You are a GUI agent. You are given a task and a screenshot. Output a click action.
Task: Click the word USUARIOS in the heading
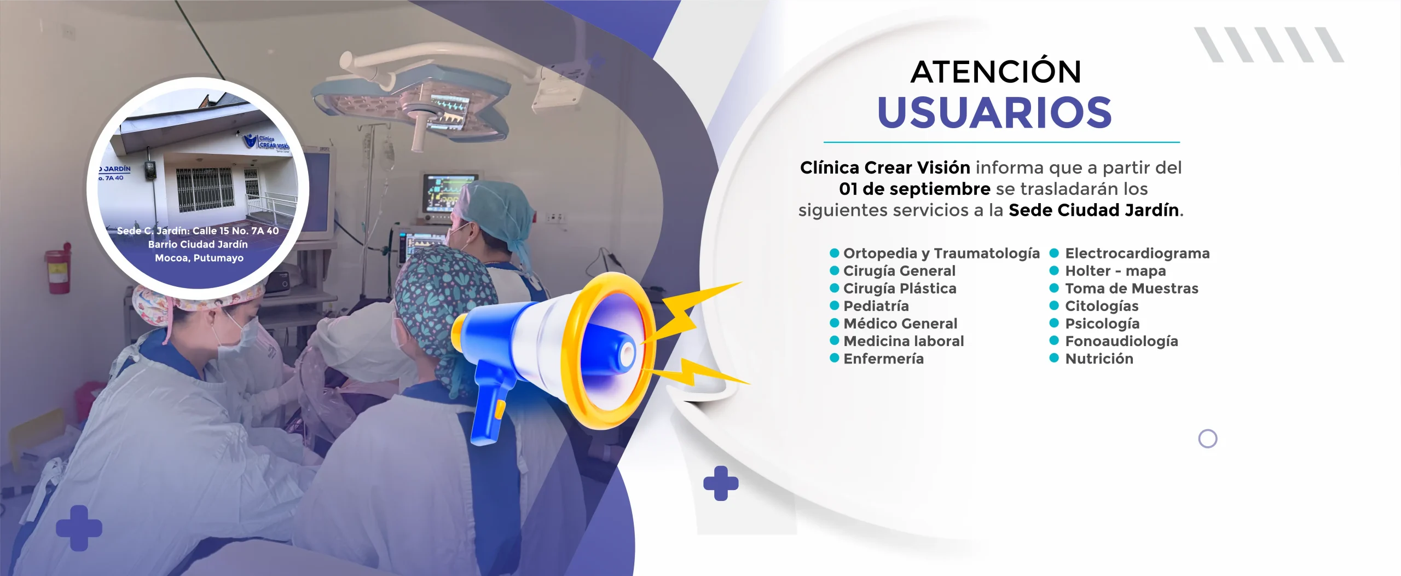coord(994,113)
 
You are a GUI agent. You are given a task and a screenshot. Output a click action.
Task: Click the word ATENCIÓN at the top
coord(995,72)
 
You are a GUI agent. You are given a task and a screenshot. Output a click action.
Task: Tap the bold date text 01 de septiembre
coord(914,189)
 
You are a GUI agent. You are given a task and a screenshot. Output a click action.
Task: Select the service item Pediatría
coord(876,306)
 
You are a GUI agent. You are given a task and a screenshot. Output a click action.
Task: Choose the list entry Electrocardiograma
coord(1137,253)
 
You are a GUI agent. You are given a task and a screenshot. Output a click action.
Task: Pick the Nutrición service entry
coord(1099,359)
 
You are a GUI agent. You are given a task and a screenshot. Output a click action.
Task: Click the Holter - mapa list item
coord(1115,271)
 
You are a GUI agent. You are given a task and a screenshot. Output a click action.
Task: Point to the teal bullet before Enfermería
coord(835,358)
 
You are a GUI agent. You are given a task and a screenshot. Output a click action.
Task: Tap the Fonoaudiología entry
coord(1121,341)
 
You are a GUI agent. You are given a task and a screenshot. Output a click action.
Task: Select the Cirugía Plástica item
coord(900,289)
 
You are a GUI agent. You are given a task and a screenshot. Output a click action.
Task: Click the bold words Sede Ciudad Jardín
coord(1093,210)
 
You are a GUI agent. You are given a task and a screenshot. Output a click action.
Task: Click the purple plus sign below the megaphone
coord(721,483)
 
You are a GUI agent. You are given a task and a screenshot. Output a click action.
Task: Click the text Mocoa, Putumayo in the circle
coord(199,258)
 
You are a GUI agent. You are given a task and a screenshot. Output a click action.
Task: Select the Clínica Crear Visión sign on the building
coord(267,142)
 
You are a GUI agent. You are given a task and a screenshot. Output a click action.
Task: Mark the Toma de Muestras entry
coord(1131,289)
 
